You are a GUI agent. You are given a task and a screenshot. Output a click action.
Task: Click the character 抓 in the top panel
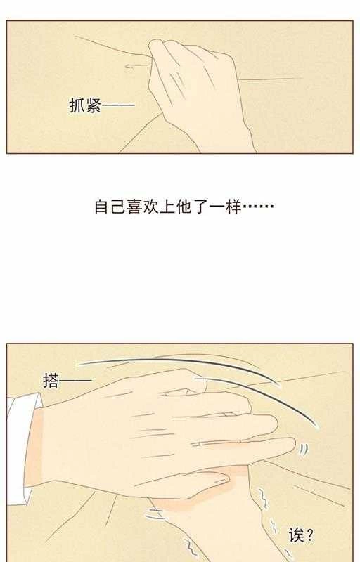click(77, 107)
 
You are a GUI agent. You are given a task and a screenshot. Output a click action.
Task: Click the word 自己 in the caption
click(109, 208)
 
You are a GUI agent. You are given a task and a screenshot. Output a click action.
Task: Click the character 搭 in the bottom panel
click(51, 381)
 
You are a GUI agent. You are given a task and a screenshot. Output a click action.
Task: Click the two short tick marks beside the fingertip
click(303, 449)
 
